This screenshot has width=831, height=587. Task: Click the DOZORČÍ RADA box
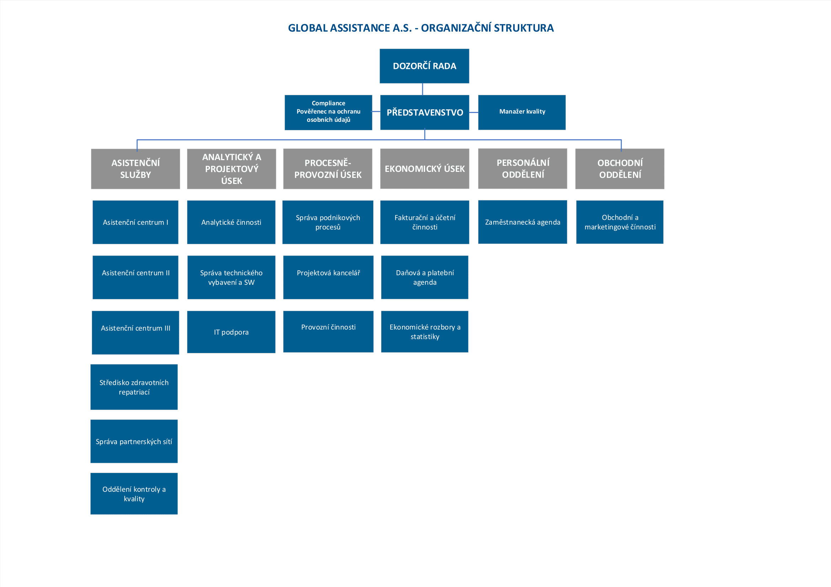424,66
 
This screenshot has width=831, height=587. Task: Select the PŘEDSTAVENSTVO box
424,112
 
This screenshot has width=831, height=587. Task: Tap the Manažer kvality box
521,112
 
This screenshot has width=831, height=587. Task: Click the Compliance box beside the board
328,112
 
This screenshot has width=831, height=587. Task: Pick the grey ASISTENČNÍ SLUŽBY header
135,169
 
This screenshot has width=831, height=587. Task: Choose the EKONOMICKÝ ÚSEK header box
424,169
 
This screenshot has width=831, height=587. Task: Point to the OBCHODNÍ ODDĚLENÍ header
620,169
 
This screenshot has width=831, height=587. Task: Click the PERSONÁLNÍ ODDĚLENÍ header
522,169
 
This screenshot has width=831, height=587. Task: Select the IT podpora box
231,332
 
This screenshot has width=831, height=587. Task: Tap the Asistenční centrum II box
135,277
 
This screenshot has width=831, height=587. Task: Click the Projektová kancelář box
328,277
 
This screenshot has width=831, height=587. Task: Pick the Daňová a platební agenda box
424,277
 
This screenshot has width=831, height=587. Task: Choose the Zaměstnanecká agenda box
522,222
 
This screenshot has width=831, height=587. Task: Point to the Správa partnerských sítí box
134,441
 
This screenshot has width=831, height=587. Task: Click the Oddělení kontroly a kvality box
134,494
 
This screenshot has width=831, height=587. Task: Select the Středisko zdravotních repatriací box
134,387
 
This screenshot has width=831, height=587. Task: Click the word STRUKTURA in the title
524,28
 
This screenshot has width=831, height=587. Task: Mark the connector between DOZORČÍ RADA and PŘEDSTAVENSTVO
422,89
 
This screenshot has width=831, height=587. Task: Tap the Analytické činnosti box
231,222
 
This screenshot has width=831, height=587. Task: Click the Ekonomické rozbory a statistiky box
424,332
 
